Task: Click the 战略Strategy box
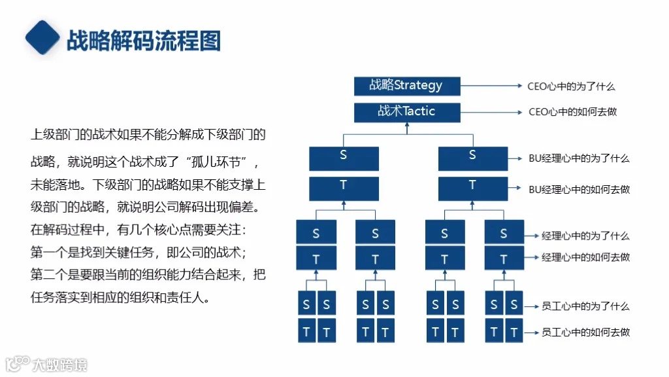pos(406,86)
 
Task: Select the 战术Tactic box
pos(406,112)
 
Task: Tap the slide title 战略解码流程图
pos(144,41)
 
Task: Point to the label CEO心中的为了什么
pos(571,86)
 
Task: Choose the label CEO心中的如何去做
pos(572,112)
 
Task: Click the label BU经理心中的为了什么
pos(579,158)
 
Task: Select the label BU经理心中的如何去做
pos(579,189)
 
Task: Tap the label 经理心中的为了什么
pos(585,236)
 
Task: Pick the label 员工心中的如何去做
pos(585,332)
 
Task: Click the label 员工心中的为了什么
pos(585,306)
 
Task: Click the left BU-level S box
pos(344,158)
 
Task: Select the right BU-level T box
pos(472,188)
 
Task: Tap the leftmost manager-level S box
pos(316,233)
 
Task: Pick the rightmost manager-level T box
pos(504,259)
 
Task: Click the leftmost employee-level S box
pos(306,304)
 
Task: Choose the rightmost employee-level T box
pos(514,331)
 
